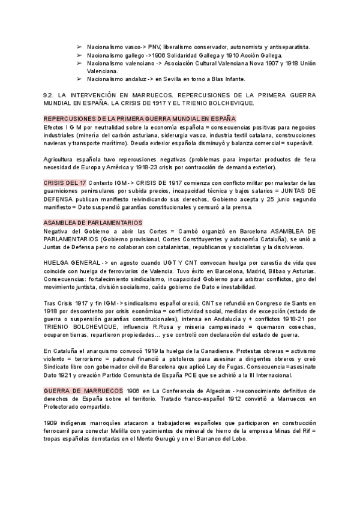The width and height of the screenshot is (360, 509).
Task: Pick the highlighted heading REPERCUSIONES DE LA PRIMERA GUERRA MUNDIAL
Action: (140, 119)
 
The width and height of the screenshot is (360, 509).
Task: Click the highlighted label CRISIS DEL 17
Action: (65, 182)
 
